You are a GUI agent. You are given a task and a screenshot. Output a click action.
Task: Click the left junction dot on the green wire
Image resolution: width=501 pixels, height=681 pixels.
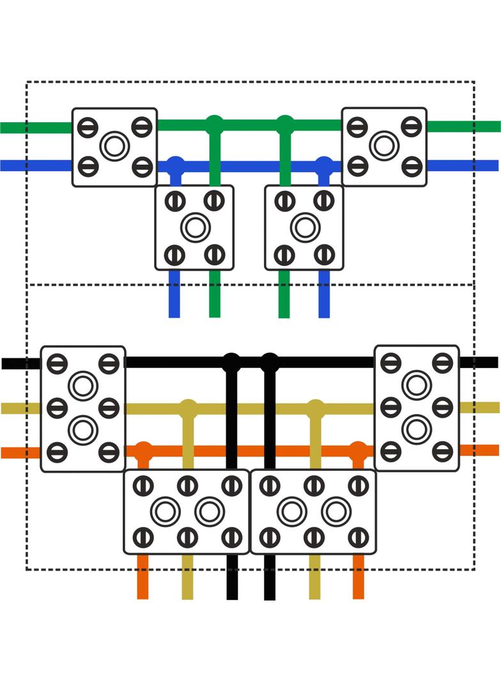215,123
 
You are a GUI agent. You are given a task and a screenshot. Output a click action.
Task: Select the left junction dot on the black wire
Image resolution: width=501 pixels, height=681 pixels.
231,362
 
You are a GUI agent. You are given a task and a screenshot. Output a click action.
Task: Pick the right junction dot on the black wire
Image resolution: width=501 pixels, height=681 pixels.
270,362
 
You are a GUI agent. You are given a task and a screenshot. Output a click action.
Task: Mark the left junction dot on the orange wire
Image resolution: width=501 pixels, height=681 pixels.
144,450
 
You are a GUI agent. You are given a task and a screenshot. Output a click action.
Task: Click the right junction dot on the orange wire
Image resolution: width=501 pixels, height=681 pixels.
358,450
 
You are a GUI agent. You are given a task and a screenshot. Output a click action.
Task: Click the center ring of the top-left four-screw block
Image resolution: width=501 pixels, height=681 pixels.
114,146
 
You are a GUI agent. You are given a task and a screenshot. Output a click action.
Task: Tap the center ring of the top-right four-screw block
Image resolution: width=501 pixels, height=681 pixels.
384,146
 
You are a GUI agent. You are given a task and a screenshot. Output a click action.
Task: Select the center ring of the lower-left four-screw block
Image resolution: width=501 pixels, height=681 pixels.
195,227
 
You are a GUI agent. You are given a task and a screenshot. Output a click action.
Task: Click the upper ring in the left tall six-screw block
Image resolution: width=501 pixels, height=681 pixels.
83,386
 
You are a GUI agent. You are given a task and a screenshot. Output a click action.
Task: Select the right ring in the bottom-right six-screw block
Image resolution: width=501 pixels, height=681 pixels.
336,511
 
